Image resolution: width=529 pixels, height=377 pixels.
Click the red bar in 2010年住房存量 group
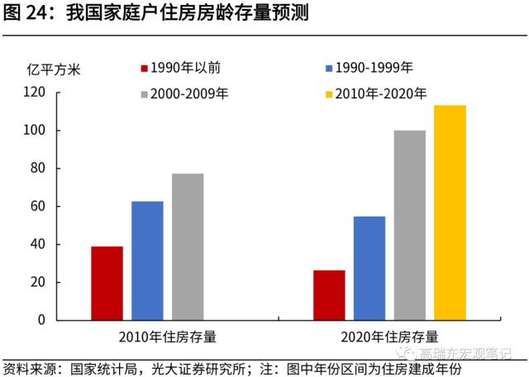[107, 283]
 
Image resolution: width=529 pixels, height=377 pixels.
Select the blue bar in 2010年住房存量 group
[147, 260]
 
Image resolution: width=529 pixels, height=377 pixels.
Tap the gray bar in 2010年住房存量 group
[188, 246]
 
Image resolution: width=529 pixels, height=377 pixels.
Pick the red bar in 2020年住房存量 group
[329, 294]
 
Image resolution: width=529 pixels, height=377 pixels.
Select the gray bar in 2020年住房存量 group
[410, 225]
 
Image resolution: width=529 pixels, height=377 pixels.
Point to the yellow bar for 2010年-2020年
[450, 212]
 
